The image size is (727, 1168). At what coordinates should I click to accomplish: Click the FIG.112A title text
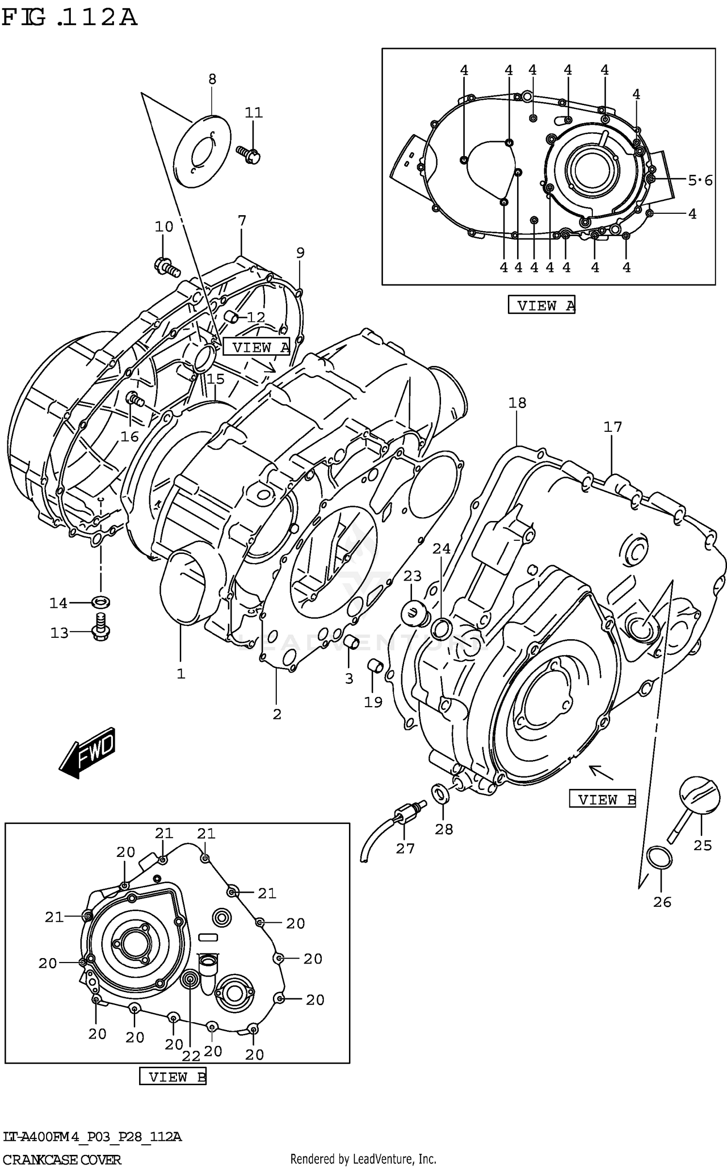coord(69,18)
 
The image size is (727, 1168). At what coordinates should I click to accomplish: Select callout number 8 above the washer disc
coord(212,79)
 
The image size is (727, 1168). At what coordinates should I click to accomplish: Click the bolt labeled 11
coord(248,154)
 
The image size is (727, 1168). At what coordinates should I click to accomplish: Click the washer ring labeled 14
coord(101,602)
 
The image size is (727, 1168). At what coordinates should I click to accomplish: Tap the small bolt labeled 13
coord(101,627)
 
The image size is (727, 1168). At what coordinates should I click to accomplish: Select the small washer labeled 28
coord(440,794)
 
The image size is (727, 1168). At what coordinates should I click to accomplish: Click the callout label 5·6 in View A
coord(700,181)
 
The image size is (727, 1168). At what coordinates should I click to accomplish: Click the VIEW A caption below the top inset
coord(541,305)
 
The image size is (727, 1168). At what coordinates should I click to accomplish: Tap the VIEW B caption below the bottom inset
coord(173,1077)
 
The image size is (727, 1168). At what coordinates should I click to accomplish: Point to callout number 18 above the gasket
coord(517,403)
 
